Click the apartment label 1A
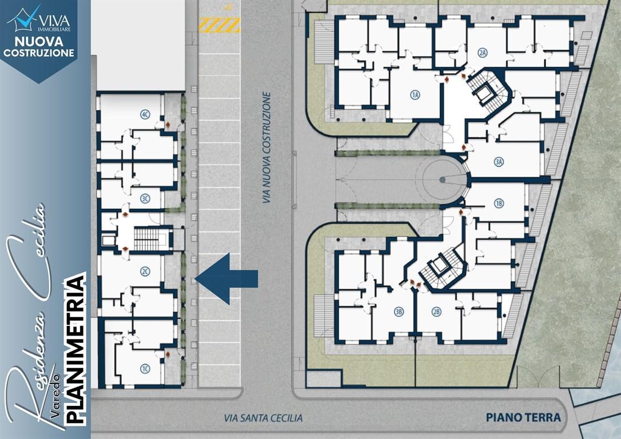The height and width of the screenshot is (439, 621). pos(415,95)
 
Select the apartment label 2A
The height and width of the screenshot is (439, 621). pos(482,53)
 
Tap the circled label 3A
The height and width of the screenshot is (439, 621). pos(499,162)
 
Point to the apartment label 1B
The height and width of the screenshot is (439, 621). pos(499,203)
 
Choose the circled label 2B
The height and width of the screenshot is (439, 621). pos(436,312)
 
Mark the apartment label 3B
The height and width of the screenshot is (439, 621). pos(399,312)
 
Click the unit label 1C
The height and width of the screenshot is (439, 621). pos(145,369)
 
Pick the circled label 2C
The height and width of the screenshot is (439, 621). pos(145,272)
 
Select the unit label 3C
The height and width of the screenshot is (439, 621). pos(145,198)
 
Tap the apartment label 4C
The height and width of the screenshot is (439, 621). pos(145,115)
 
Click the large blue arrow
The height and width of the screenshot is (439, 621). pos(226,279)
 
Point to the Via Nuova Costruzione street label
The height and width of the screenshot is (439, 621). pos(267,147)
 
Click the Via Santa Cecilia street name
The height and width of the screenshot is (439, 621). pos(263,418)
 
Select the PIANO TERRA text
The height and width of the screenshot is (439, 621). pos(523,417)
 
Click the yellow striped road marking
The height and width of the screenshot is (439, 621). pos(220,25)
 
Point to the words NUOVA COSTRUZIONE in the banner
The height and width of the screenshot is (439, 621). pos(39,47)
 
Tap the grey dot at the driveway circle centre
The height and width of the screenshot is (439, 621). pos(443,179)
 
